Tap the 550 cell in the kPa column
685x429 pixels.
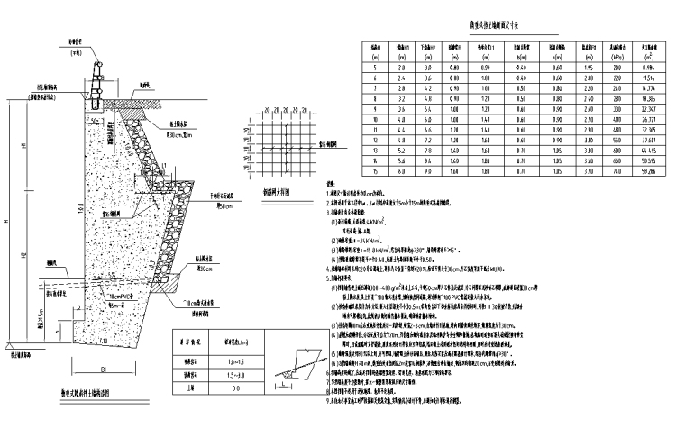click(x=614, y=140)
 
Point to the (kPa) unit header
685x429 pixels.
click(x=614, y=56)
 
